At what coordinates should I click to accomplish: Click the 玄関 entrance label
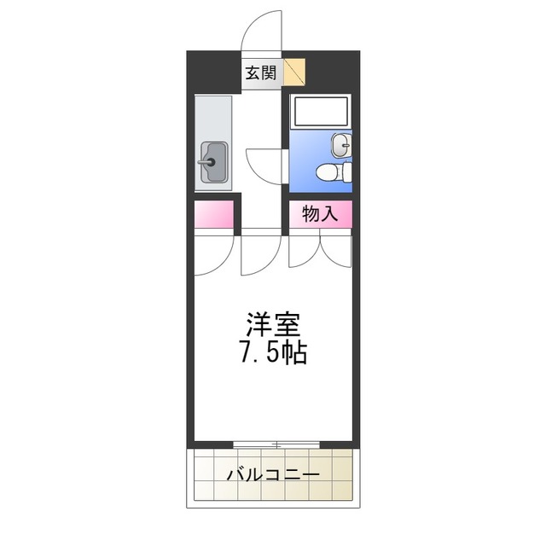tap(261, 73)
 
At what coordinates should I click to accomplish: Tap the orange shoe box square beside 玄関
tap(295, 72)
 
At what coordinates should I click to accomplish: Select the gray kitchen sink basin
tap(214, 161)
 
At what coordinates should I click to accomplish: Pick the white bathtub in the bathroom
tap(319, 112)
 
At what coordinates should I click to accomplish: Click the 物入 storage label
tap(320, 215)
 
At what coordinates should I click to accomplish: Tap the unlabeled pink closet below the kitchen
tap(214, 215)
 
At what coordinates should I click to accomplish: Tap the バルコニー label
tap(273, 475)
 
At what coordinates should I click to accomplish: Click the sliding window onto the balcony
tap(275, 444)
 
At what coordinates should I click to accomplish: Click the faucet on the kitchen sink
tap(206, 161)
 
